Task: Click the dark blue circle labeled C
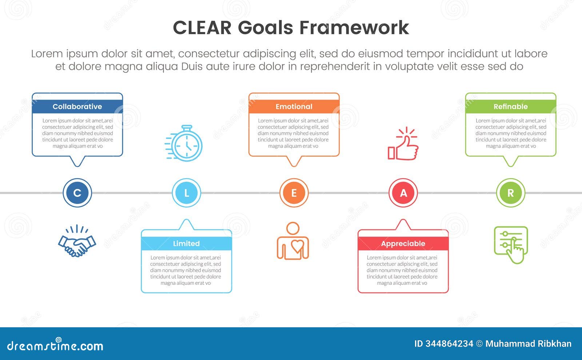(x=77, y=193)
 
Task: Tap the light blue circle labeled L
(x=186, y=193)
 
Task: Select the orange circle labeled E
(x=294, y=193)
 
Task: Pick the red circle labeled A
(x=403, y=193)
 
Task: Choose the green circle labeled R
(x=510, y=193)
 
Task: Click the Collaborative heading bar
(x=77, y=107)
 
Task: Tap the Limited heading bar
(x=186, y=244)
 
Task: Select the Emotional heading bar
(x=294, y=107)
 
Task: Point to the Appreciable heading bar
(x=403, y=244)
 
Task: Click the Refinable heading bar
(x=510, y=107)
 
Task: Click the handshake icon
(x=77, y=242)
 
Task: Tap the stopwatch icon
(x=184, y=143)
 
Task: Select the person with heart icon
(x=293, y=241)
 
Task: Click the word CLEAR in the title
(x=202, y=28)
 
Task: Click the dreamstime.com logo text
(x=55, y=345)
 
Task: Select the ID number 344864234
(x=444, y=344)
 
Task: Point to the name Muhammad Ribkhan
(x=528, y=344)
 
